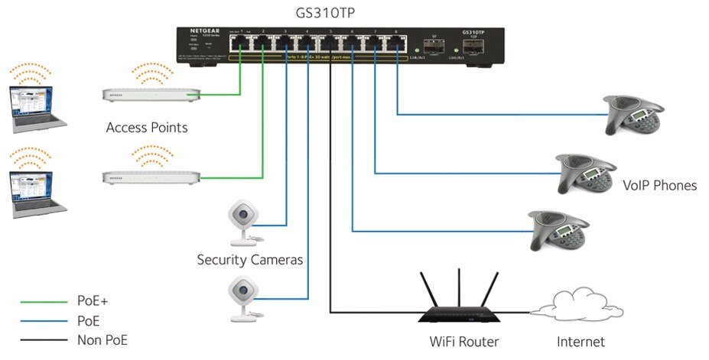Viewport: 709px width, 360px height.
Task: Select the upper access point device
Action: (151, 94)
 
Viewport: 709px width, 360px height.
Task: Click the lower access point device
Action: (151, 177)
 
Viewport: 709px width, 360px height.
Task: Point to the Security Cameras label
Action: (249, 261)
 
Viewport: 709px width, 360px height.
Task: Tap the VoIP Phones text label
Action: (659, 186)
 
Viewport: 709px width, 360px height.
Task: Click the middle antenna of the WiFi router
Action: (458, 287)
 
